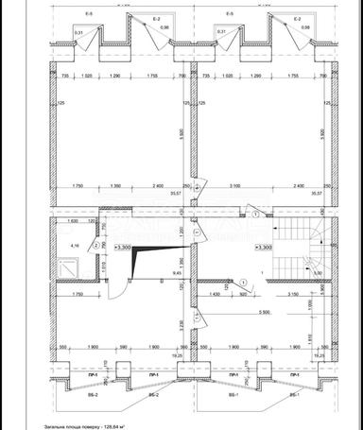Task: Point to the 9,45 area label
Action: click(177, 272)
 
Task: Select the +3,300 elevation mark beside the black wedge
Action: click(122, 246)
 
